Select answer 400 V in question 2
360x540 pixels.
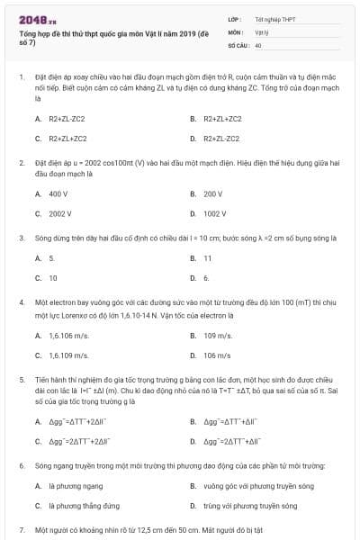pyautogui.click(x=58, y=193)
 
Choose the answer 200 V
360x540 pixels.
pyautogui.click(x=212, y=193)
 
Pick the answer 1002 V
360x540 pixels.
pyautogui.click(x=214, y=214)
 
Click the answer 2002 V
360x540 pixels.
pyautogui.click(x=60, y=214)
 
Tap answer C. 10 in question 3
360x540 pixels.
pyautogui.click(x=53, y=278)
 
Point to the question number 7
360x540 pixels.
pyautogui.click(x=21, y=530)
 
